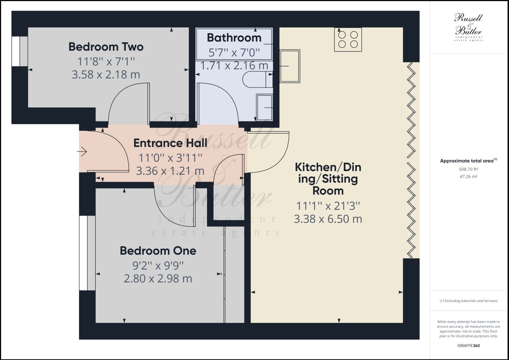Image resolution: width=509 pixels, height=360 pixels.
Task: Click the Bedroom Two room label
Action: click(x=106, y=47)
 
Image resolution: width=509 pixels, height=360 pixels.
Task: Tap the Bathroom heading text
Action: click(x=234, y=38)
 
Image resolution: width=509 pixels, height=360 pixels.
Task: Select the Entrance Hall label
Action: click(x=170, y=143)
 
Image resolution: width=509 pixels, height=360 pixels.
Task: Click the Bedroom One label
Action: click(x=158, y=251)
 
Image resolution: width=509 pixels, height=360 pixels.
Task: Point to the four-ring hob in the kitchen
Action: click(x=348, y=39)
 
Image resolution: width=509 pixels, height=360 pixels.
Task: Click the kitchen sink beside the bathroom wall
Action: click(x=289, y=66)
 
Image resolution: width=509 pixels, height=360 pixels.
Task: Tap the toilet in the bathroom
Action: click(x=258, y=79)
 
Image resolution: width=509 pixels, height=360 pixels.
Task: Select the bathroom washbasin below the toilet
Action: click(x=264, y=108)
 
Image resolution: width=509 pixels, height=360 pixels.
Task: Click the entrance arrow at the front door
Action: click(x=82, y=152)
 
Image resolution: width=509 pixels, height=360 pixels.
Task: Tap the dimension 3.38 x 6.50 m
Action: click(x=328, y=219)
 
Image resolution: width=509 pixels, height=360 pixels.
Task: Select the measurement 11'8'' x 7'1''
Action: click(x=106, y=61)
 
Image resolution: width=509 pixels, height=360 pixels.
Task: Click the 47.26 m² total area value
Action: click(x=468, y=176)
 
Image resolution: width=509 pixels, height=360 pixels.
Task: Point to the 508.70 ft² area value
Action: click(x=468, y=169)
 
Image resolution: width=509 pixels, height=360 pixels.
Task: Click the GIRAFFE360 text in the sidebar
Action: click(x=468, y=346)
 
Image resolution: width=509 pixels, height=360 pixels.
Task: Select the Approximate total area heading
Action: click(x=468, y=161)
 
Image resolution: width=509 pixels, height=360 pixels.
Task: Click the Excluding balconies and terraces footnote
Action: click(x=468, y=301)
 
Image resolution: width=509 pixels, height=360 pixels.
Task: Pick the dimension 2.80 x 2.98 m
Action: click(x=158, y=279)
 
